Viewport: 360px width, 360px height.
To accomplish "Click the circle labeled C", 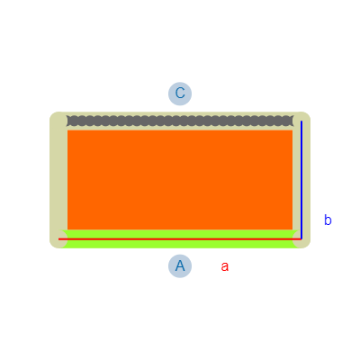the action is tap(180, 94).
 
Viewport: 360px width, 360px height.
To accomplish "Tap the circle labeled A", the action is tap(180, 266).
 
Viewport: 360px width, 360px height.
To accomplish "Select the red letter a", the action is tap(225, 266).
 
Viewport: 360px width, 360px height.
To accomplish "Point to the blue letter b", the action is tap(328, 220).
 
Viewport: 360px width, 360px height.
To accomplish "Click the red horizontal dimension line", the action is tap(180, 239).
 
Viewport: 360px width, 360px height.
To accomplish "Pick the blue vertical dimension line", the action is tap(301, 180).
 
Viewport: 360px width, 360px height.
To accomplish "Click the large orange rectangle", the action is tap(180, 180).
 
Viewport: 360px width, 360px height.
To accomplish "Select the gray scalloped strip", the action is tap(180, 121).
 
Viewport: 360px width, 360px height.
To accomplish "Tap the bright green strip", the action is tap(180, 239).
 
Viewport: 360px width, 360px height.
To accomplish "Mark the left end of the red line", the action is tap(58, 239).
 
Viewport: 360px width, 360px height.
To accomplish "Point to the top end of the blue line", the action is tap(301, 121).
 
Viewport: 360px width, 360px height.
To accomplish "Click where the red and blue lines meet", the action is tap(301, 239).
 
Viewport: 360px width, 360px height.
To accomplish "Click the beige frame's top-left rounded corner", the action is tap(53, 115).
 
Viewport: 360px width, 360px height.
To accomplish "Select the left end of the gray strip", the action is tap(67, 121).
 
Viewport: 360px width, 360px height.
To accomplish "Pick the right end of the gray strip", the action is tap(293, 121).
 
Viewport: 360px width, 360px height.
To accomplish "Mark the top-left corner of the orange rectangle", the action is tap(67, 130).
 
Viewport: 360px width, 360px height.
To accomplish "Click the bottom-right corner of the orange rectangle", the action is tap(292, 229).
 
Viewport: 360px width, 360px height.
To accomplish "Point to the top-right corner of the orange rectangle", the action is tap(292, 130).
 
